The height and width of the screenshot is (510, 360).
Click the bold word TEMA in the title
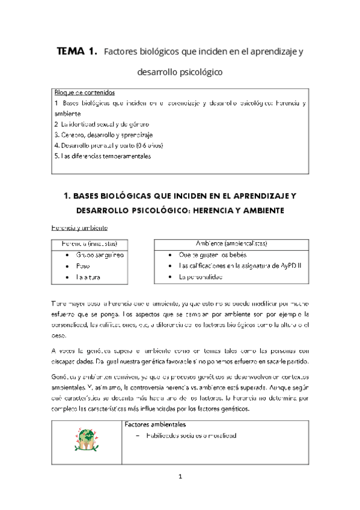72,52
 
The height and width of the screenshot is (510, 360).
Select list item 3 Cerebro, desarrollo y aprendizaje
103,134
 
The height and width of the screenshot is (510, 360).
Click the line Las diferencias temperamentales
102,156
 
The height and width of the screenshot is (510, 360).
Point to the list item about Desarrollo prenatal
108,145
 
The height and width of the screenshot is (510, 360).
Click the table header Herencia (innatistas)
88,244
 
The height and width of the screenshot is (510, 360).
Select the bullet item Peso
83,266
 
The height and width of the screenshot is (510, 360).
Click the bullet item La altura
88,277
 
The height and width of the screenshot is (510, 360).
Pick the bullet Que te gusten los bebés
216,255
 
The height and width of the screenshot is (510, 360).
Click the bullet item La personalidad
209,277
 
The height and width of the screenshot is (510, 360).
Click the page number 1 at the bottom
179,476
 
